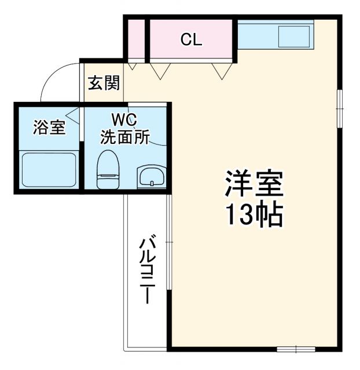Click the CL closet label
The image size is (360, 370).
(x=190, y=40)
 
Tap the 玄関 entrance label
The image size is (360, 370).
(x=104, y=83)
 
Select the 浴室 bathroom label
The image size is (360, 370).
(x=49, y=128)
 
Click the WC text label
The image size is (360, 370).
(x=124, y=120)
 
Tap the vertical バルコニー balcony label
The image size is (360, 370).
(x=147, y=269)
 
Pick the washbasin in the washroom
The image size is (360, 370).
(x=151, y=176)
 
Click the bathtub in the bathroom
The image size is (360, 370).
(x=49, y=170)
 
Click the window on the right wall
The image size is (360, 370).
(x=340, y=108)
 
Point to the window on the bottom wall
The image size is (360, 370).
(x=296, y=349)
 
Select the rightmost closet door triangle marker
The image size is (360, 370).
(x=219, y=70)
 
